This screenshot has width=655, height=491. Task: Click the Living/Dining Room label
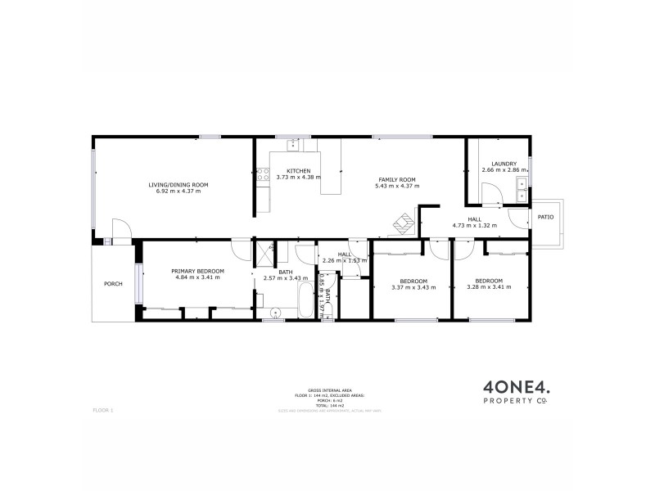click(178, 185)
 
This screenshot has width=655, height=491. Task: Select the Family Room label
click(397, 179)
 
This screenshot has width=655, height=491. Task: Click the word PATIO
click(545, 217)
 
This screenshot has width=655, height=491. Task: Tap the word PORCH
click(113, 284)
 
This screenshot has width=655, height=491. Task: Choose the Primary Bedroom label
click(197, 271)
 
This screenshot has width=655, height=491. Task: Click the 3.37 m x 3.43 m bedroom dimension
click(409, 287)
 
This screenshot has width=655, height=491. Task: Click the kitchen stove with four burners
click(263, 173)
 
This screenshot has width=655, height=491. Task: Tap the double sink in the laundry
click(522, 190)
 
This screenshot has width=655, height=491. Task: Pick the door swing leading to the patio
click(517, 217)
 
